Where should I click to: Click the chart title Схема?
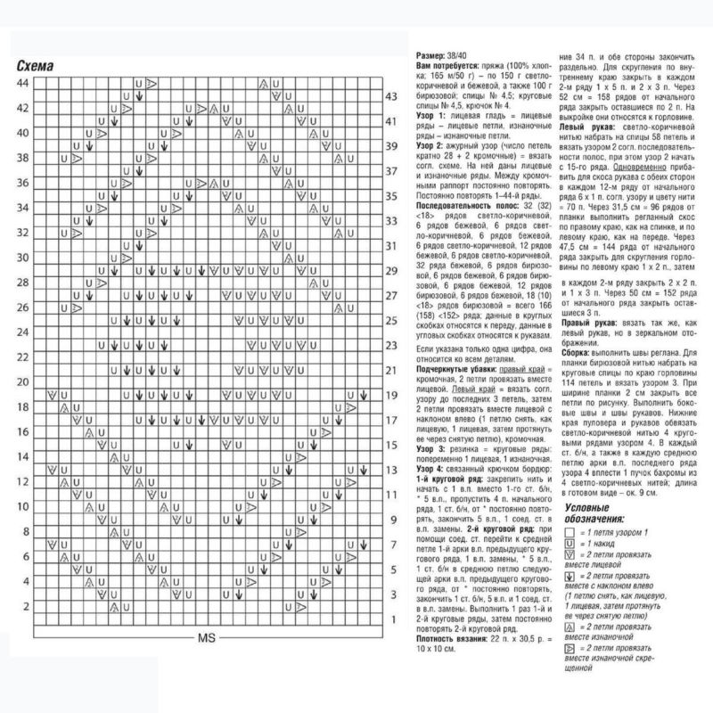pos(35,66)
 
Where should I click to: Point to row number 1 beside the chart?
pos(391,619)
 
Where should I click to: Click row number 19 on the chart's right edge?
pos(390,394)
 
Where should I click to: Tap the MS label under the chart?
pos(207,638)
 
